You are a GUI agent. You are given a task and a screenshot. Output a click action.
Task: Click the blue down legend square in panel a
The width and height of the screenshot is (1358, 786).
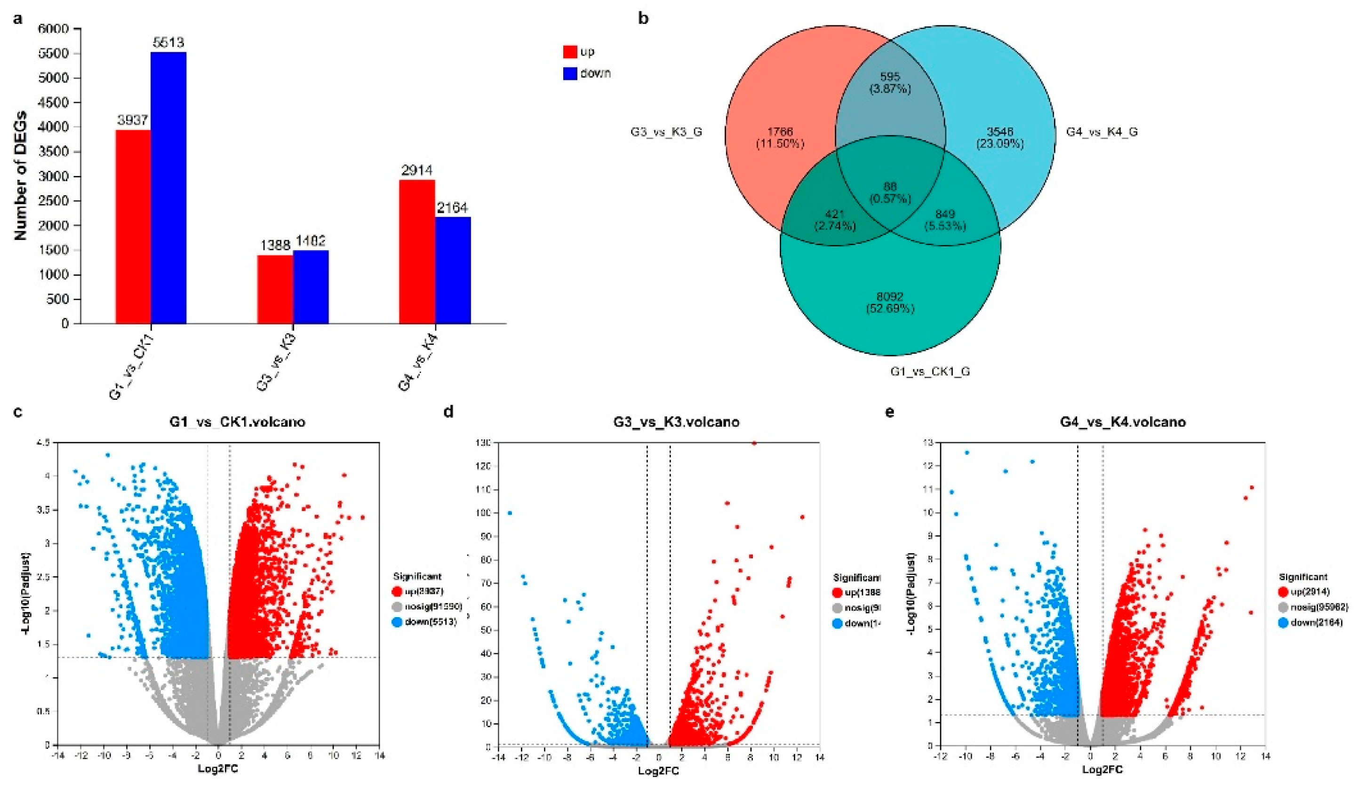pyautogui.click(x=570, y=73)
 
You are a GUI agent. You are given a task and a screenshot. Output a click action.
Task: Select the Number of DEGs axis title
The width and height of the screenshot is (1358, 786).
pyautogui.click(x=21, y=175)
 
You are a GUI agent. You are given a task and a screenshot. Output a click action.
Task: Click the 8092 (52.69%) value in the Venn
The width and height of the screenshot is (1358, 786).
pyautogui.click(x=890, y=303)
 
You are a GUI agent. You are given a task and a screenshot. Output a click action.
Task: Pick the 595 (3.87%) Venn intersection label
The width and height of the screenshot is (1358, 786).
pyautogui.click(x=890, y=82)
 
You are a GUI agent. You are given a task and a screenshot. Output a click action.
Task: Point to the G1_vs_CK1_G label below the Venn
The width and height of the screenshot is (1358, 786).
pyautogui.click(x=930, y=371)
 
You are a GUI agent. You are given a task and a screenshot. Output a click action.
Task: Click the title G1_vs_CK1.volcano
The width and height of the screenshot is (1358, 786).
pyautogui.click(x=237, y=422)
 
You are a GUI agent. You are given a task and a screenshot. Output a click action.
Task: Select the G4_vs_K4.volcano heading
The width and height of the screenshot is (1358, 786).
pyautogui.click(x=1123, y=422)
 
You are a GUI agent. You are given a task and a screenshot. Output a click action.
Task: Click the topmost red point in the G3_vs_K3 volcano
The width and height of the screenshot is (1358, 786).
pyautogui.click(x=754, y=443)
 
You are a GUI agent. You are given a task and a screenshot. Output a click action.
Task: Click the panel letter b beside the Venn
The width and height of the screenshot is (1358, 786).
pyautogui.click(x=643, y=18)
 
